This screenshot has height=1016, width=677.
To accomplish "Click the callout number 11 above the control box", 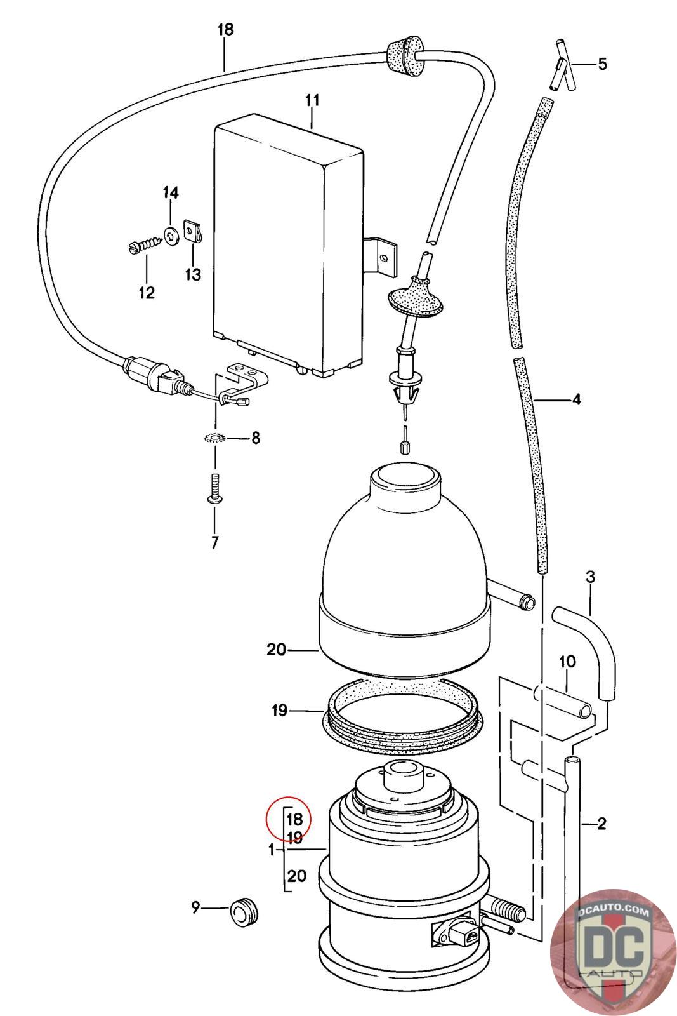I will (x=312, y=100).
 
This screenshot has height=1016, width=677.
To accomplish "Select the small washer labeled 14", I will (x=171, y=236).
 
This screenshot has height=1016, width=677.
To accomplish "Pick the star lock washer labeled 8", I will (x=214, y=438).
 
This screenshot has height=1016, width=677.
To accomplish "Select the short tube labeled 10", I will (x=570, y=702).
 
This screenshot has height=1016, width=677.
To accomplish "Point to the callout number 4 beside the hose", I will (x=576, y=399).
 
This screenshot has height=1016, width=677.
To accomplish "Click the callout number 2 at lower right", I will (x=601, y=824).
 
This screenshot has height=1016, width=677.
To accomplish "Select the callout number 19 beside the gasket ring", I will (x=280, y=710).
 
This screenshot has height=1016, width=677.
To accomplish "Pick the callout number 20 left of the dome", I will (x=277, y=650).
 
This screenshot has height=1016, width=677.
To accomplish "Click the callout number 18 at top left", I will (x=225, y=29).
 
